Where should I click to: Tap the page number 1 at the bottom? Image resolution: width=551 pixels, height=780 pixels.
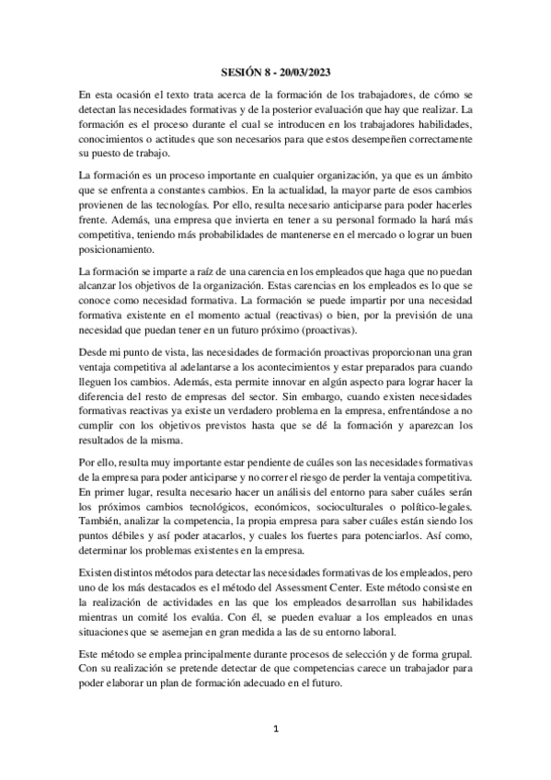coord(275,728)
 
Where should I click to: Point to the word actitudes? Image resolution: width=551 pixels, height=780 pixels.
coord(185,138)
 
